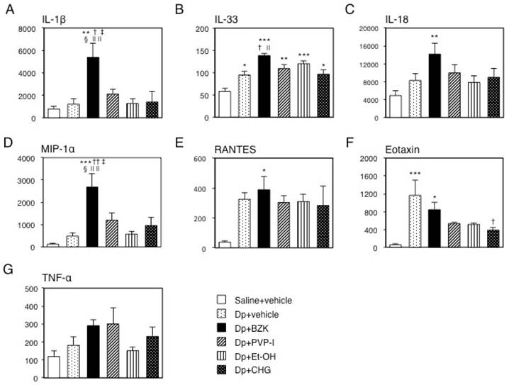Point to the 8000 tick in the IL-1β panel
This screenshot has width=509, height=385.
coord(26,29)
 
